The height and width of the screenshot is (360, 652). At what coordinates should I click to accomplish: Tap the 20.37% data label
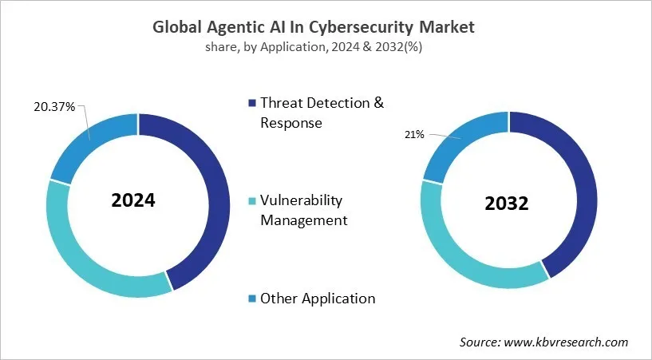(x=54, y=107)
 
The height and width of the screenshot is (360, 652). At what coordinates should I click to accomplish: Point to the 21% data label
(x=415, y=136)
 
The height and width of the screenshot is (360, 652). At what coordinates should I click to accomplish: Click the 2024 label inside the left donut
(x=133, y=200)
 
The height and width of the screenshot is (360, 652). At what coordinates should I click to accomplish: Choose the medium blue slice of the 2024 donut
(x=92, y=142)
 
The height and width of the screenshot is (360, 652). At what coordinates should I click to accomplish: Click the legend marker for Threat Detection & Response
(x=253, y=103)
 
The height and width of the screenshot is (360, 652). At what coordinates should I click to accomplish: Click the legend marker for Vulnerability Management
(x=253, y=200)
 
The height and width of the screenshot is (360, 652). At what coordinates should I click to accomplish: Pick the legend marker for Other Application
(x=253, y=299)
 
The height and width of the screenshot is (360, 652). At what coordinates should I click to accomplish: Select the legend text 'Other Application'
(x=318, y=299)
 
